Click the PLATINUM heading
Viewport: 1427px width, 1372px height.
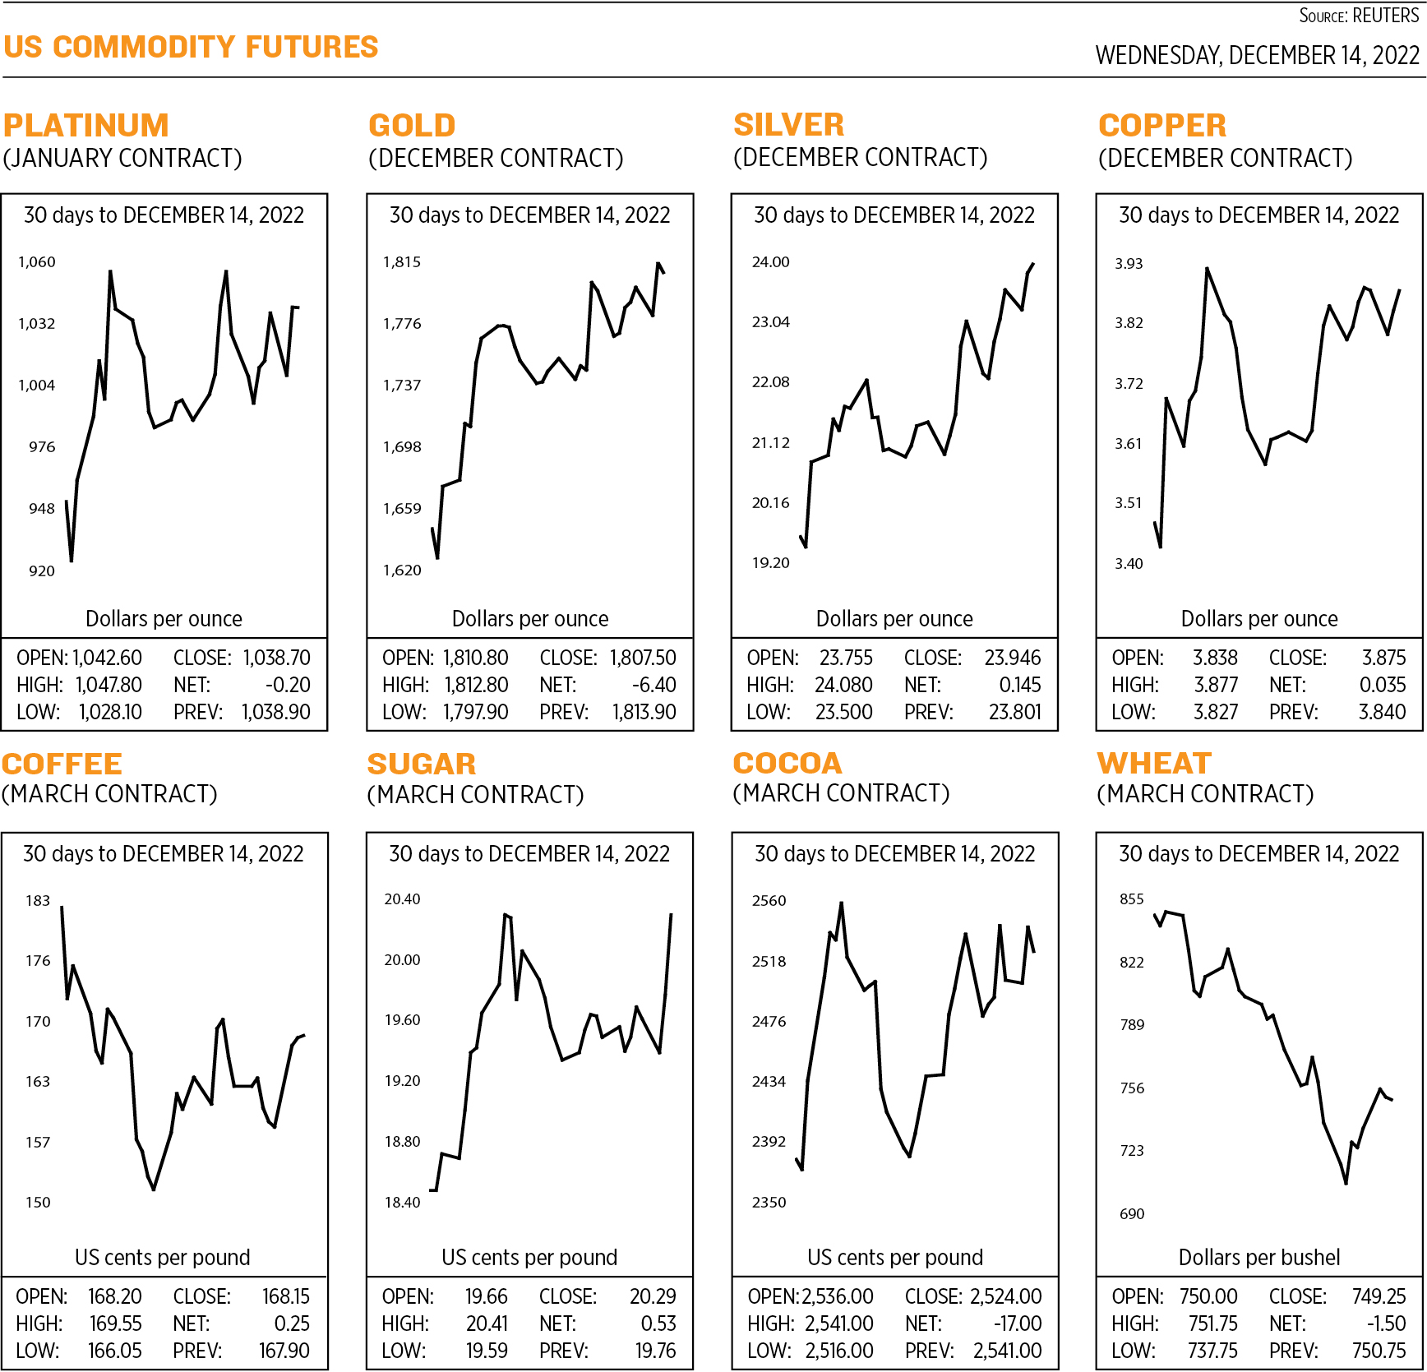[x=86, y=126]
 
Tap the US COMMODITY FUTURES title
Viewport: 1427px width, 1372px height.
[x=191, y=48]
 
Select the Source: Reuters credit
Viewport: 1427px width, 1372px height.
[x=1359, y=16]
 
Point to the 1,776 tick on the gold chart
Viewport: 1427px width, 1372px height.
[x=402, y=324]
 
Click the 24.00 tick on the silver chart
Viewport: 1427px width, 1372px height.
[x=770, y=262]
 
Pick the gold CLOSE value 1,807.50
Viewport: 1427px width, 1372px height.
[x=643, y=658]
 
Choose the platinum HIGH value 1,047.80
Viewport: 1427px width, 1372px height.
[x=109, y=686]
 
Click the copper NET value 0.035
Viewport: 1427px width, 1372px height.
[x=1383, y=686]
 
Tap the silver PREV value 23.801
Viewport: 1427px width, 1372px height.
[x=1014, y=712]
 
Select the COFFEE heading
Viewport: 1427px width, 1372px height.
[x=62, y=765]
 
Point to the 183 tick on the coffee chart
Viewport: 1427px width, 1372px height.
[x=38, y=901]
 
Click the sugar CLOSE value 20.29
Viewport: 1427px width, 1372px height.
[x=653, y=1297]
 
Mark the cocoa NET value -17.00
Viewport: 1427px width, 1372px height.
[x=1018, y=1324]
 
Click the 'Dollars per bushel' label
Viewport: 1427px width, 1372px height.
[x=1258, y=1258]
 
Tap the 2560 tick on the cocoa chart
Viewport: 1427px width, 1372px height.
[x=769, y=901]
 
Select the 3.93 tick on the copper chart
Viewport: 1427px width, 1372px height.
[x=1129, y=264]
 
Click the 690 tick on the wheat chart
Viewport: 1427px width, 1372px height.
[x=1132, y=1214]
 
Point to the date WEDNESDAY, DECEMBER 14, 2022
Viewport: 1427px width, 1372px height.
[x=1257, y=56]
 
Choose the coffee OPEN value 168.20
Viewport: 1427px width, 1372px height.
[x=114, y=1297]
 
